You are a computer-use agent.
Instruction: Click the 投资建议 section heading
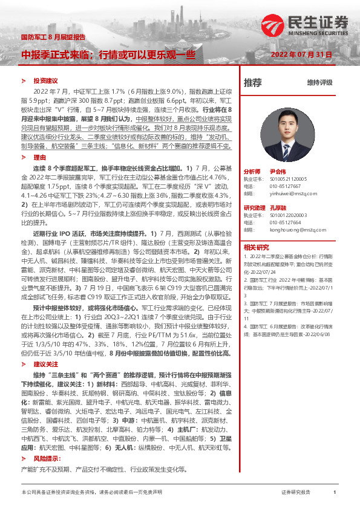point(45,80)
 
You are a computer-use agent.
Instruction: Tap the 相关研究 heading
point(256,247)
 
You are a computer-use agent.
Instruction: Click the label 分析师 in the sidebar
point(252,172)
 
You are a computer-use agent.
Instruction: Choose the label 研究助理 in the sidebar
point(254,208)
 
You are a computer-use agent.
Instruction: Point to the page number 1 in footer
point(335,493)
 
